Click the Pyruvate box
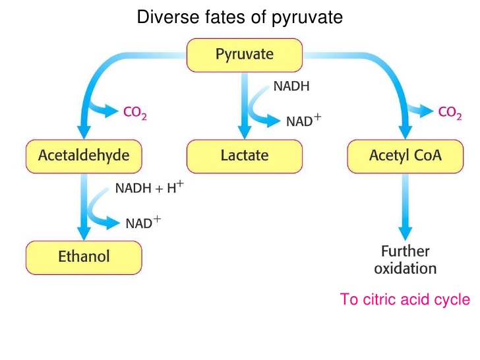point(245,55)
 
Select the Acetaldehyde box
point(84,156)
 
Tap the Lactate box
point(245,156)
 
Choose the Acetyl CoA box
point(405,156)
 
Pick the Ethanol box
point(84,256)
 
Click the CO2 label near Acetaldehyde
point(136,113)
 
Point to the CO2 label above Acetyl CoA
point(450,113)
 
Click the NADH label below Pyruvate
point(291,86)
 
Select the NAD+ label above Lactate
point(303,121)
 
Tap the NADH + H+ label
point(150,189)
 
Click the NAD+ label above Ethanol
point(143,223)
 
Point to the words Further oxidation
point(405,260)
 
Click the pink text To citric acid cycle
point(405,299)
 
